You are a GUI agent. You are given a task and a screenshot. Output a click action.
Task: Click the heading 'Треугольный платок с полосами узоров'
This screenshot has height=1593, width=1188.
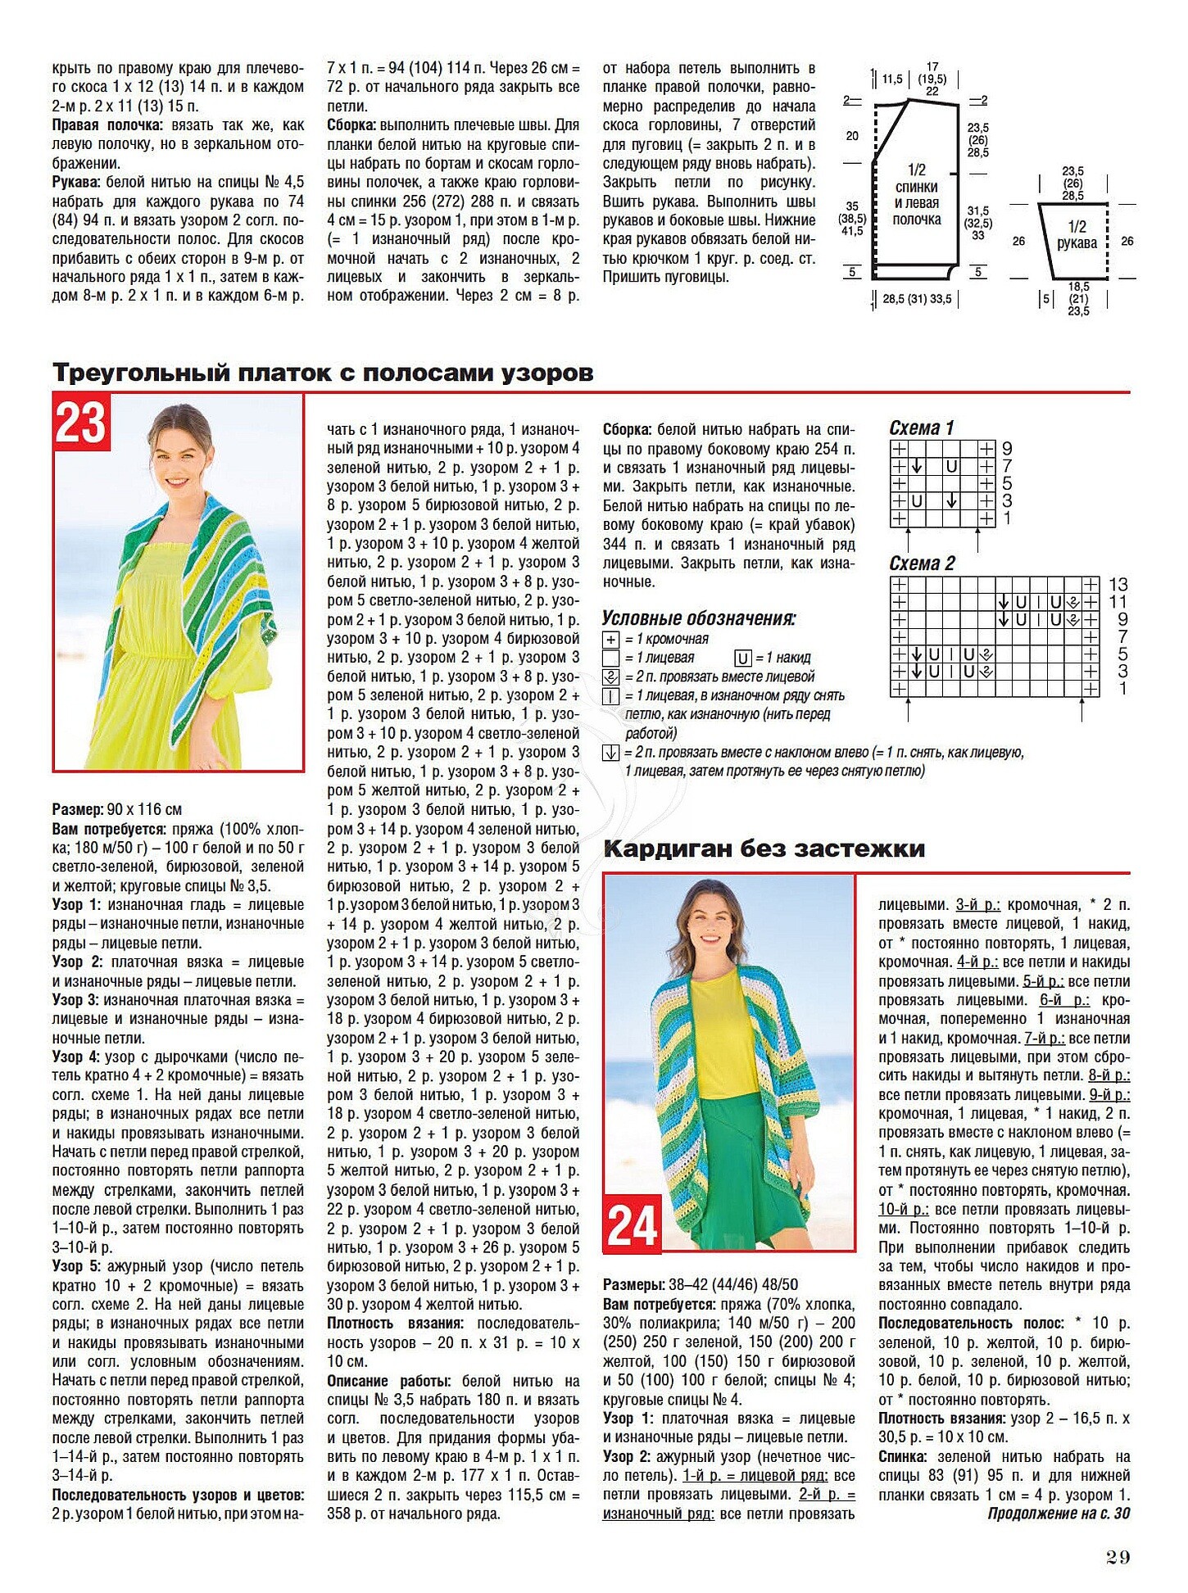pyautogui.click(x=323, y=373)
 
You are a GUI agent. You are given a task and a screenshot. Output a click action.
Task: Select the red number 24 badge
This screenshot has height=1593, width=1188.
pyautogui.click(x=632, y=1226)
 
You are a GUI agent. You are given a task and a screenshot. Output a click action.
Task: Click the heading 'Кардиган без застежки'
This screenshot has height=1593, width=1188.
pyautogui.click(x=764, y=849)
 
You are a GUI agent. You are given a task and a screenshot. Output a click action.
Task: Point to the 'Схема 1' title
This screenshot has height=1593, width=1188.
pyautogui.click(x=922, y=428)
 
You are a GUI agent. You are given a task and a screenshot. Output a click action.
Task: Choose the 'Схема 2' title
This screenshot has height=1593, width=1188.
pyautogui.click(x=922, y=563)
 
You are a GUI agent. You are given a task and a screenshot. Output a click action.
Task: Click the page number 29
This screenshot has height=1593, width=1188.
pyautogui.click(x=1118, y=1557)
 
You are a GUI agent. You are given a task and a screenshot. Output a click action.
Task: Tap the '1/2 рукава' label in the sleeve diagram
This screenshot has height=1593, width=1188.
pyautogui.click(x=1076, y=234)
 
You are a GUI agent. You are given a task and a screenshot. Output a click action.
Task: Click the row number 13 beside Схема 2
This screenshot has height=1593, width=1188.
pyautogui.click(x=1118, y=585)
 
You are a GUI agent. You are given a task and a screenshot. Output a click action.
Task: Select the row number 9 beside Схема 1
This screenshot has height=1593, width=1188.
pyautogui.click(x=1007, y=449)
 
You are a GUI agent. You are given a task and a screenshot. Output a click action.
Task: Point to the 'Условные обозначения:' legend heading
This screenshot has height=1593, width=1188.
pyautogui.click(x=699, y=618)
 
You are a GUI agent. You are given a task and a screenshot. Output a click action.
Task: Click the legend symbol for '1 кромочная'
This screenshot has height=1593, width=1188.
pyautogui.click(x=611, y=640)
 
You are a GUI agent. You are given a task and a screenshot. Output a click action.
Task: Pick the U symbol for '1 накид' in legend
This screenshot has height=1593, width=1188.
pyautogui.click(x=742, y=658)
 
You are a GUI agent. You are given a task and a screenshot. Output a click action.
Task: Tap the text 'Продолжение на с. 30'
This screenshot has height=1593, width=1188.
pyautogui.click(x=1059, y=1513)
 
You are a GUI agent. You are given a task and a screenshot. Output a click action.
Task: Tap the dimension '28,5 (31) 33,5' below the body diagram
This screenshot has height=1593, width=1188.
pyautogui.click(x=917, y=299)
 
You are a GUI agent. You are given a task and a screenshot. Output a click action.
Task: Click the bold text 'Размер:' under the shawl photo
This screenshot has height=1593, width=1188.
pyautogui.click(x=77, y=809)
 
